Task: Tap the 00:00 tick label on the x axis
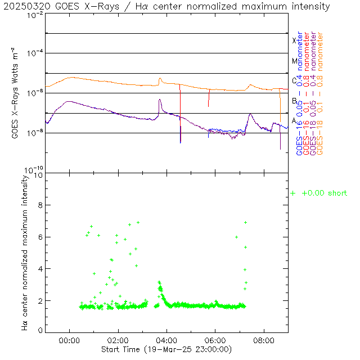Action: [x=69, y=340]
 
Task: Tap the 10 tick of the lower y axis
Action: [x=38, y=175]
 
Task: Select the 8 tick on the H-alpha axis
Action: [x=40, y=206]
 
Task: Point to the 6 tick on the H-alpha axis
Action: [x=40, y=237]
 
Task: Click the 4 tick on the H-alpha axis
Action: [x=40, y=269]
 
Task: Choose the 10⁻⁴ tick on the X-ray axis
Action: [x=35, y=53]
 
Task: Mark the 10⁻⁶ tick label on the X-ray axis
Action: [x=35, y=93]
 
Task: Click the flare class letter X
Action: [x=294, y=40]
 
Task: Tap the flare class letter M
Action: [x=294, y=61]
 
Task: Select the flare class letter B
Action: [x=294, y=101]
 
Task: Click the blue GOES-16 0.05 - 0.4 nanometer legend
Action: [x=299, y=93]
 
